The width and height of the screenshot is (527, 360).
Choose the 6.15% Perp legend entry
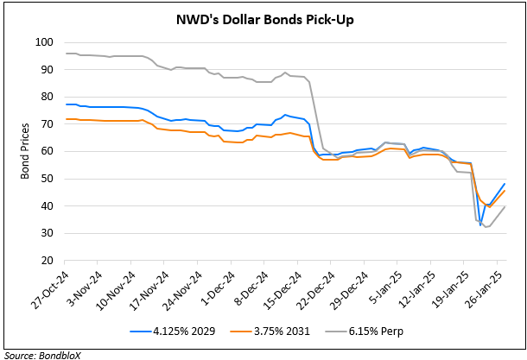(x=359, y=330)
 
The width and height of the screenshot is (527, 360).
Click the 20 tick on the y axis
(x=48, y=261)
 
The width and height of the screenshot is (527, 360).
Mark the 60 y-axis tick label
(x=48, y=151)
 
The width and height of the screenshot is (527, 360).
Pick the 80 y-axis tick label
(x=48, y=97)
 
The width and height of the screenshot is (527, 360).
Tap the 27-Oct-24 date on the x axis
(x=50, y=289)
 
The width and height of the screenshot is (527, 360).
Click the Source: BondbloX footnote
(x=37, y=353)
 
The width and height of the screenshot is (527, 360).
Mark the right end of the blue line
(x=505, y=183)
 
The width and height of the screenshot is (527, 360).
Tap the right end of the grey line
(x=505, y=207)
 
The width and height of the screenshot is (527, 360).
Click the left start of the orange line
(x=67, y=118)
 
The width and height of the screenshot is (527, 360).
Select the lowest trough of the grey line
(x=486, y=227)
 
